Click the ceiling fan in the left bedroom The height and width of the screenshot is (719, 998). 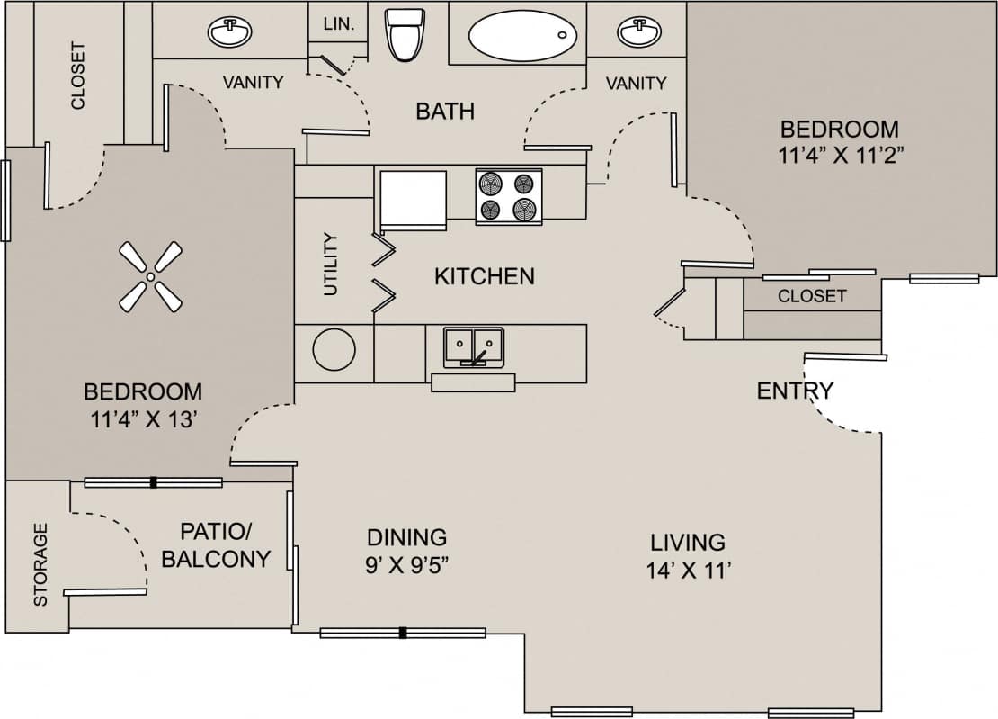(x=151, y=277)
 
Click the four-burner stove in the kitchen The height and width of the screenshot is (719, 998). (x=508, y=196)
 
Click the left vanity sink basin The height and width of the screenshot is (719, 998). (x=230, y=32)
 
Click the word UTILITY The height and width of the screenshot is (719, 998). (x=331, y=265)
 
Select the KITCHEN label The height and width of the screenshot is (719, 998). (x=484, y=276)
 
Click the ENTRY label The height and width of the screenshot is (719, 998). (x=795, y=391)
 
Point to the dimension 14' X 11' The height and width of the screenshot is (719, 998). (x=687, y=570)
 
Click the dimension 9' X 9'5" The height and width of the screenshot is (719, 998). (x=407, y=565)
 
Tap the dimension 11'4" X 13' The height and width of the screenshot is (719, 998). (x=143, y=419)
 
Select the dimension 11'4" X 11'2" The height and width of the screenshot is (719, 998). (x=840, y=154)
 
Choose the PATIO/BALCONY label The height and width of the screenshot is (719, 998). (x=216, y=544)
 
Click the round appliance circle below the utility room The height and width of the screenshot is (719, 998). (x=334, y=348)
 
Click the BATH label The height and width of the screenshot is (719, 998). (x=445, y=112)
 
